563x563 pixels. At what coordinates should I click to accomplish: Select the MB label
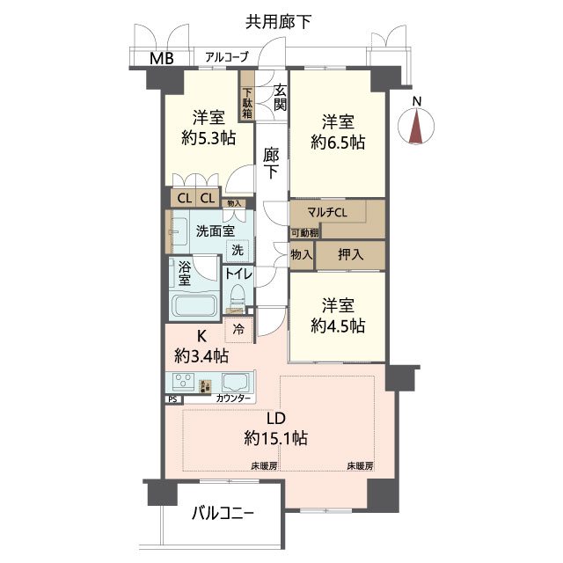(x=161, y=59)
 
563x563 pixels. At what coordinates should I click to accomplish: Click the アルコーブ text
(x=226, y=57)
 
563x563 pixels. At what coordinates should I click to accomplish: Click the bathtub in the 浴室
(x=194, y=307)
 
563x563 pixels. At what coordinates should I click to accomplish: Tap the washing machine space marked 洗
(x=237, y=250)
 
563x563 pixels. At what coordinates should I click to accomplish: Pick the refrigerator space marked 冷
(x=239, y=331)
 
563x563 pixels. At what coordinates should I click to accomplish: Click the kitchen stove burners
(x=183, y=382)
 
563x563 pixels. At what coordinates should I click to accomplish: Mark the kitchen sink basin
(x=237, y=384)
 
